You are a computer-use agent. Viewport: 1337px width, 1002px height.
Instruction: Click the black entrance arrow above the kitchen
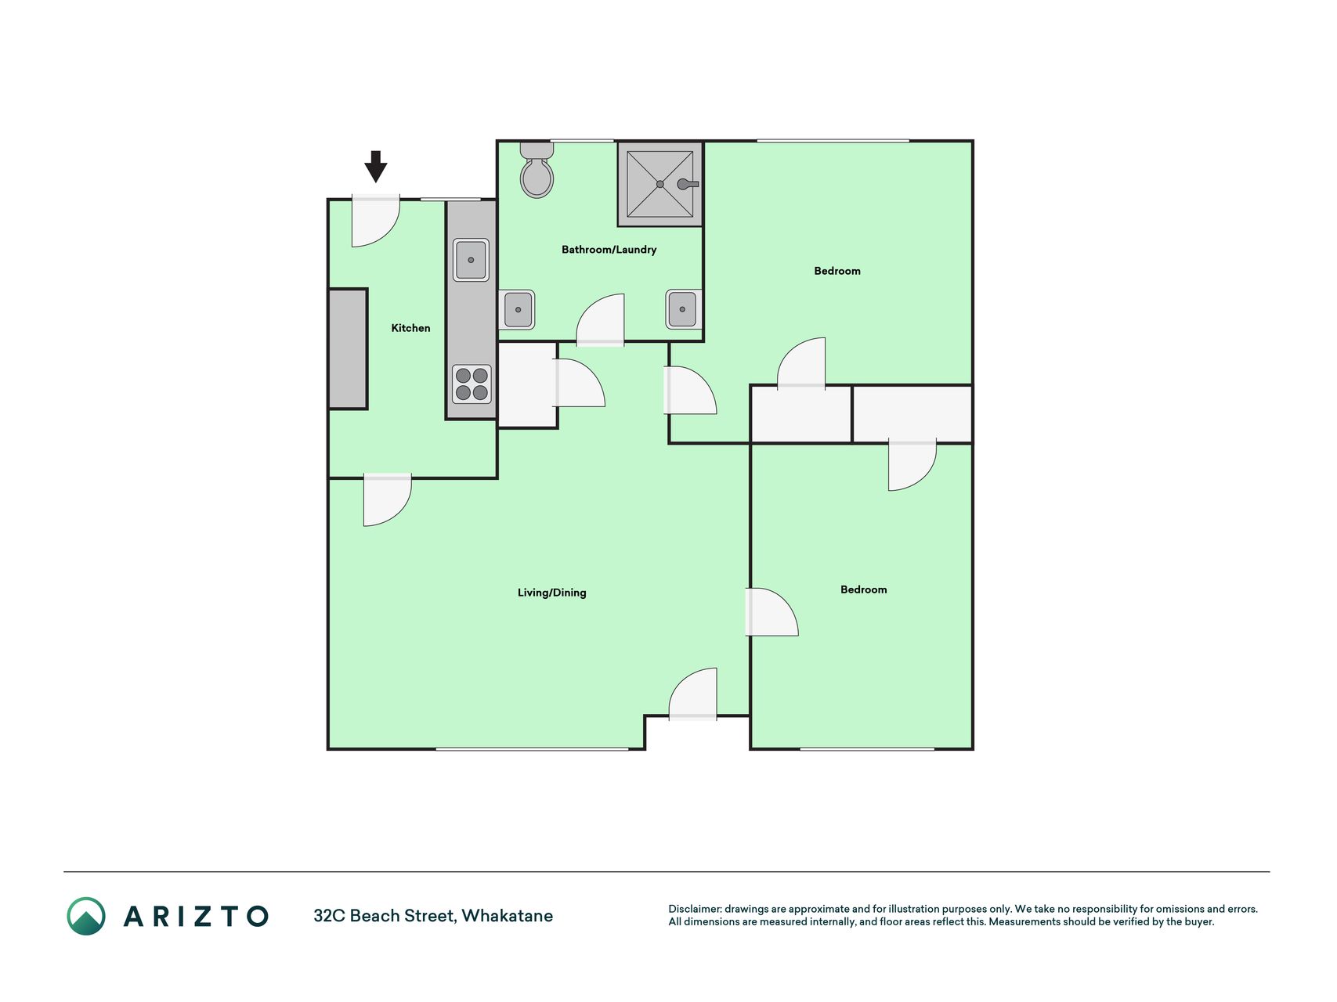point(376,167)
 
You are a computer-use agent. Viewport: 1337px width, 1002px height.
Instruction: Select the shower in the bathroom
point(660,184)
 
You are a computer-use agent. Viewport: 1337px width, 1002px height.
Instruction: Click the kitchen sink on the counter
point(471,260)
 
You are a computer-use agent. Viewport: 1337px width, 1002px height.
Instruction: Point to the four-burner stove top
point(472,384)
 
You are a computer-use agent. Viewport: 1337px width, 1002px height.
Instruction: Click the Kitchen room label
point(410,328)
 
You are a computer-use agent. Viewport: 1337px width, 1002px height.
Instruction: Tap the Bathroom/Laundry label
point(609,250)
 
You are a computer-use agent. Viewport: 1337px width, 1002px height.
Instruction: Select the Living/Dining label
point(551,593)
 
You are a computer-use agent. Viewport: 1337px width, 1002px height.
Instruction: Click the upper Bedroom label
point(837,271)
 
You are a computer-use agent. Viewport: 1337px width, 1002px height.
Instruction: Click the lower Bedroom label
point(863,589)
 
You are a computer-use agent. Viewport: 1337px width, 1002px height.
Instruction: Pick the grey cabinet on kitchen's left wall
point(348,349)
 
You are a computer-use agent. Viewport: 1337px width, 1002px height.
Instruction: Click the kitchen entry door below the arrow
point(375,222)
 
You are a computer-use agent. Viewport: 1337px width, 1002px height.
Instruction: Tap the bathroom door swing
point(601,320)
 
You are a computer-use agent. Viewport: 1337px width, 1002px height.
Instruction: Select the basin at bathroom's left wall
point(517,309)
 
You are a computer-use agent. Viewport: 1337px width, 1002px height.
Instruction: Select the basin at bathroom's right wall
point(683,309)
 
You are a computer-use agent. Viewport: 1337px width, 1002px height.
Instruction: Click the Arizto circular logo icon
point(86,916)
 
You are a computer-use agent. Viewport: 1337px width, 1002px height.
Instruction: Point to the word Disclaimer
point(695,909)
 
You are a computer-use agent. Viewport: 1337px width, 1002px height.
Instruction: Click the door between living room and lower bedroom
point(771,611)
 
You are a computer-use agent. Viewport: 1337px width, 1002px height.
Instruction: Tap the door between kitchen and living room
point(387,499)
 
